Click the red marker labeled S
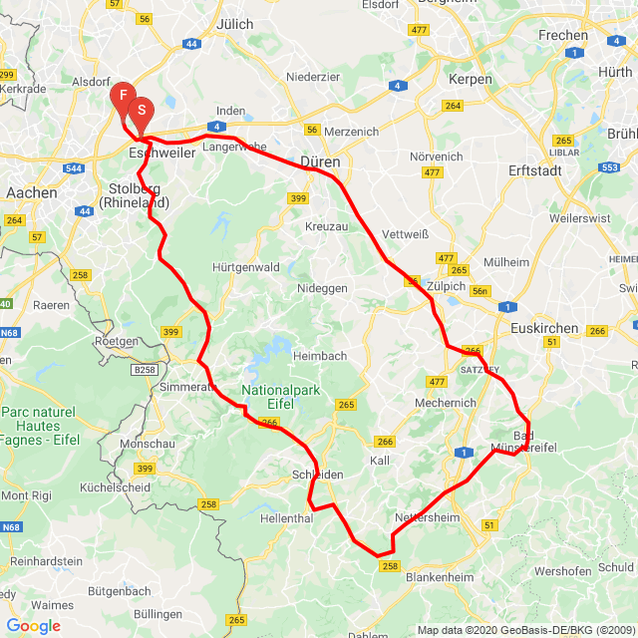pos(141,111)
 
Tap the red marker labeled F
pos(122,97)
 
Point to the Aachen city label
pos(31,192)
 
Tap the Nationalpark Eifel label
pos(280,397)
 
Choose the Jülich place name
pos(235,24)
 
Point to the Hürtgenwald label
pos(246,267)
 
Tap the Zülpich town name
pos(447,285)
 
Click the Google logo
pos(33,626)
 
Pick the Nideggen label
pos(322,287)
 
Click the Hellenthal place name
pos(286,520)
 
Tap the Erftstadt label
pos(534,170)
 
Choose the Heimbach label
pos(321,356)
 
